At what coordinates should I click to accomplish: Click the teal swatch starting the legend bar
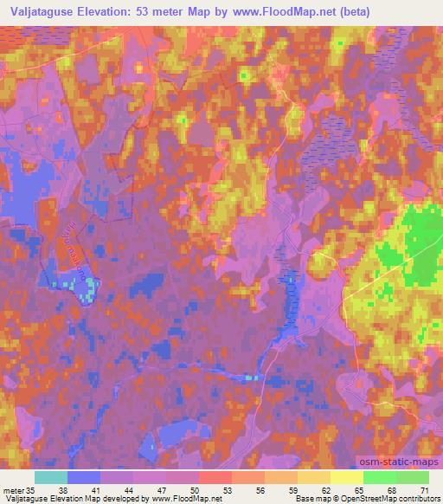point(52,477)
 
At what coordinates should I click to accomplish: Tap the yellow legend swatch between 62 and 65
point(347,477)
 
